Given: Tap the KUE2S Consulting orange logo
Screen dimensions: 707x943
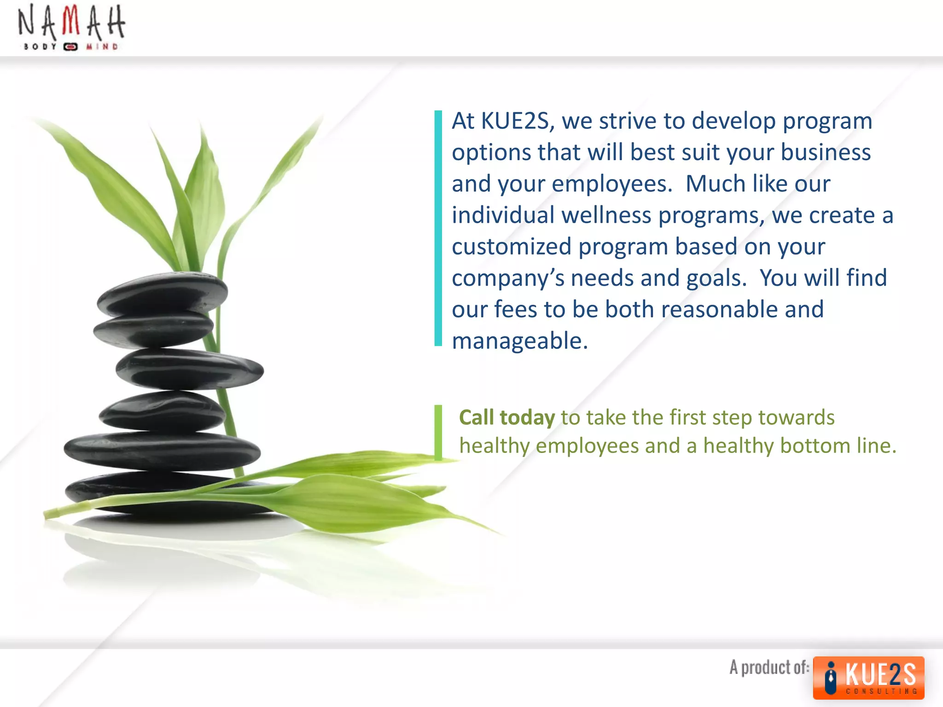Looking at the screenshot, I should point(868,678).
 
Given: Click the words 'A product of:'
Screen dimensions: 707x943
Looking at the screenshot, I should point(769,667).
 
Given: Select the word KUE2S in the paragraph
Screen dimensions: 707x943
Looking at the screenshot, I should point(515,121).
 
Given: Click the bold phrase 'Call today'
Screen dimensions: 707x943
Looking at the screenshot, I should point(507,417).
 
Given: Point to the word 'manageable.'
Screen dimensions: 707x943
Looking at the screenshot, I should point(520,341).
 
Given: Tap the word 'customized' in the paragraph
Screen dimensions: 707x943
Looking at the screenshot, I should point(512,247).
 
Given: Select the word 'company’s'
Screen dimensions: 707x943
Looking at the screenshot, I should point(507,278).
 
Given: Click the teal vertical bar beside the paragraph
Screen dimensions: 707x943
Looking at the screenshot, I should point(438,228).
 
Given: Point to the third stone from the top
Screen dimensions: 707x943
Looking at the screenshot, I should point(189,368).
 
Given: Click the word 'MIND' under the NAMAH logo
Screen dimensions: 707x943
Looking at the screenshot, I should point(102,46).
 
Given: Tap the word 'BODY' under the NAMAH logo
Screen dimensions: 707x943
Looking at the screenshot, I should point(40,46).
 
